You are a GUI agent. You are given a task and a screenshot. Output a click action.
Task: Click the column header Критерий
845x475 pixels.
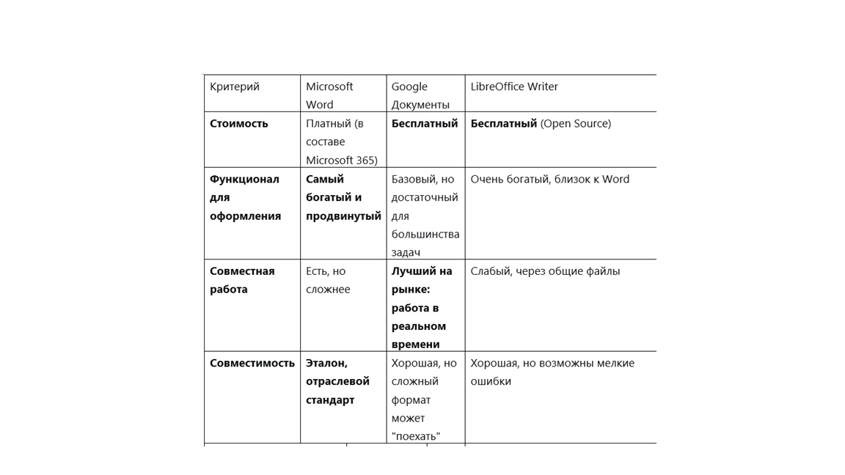click(x=235, y=86)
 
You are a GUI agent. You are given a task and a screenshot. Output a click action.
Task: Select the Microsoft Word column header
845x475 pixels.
click(x=329, y=95)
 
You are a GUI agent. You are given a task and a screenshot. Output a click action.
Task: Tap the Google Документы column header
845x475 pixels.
click(x=420, y=95)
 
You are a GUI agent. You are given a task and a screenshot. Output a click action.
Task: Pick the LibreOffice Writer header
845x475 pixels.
click(x=514, y=86)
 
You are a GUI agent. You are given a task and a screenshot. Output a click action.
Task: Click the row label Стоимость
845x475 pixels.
click(x=239, y=124)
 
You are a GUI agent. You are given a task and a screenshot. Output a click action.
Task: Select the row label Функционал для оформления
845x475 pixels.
click(x=245, y=197)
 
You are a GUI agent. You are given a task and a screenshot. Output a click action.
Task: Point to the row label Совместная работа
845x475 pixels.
click(x=242, y=280)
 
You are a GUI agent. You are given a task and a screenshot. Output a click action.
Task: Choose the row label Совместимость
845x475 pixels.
click(x=252, y=363)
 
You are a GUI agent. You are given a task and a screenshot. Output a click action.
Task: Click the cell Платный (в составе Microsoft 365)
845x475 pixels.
click(x=341, y=142)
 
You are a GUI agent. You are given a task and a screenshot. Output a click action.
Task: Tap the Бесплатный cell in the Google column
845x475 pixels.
click(x=425, y=124)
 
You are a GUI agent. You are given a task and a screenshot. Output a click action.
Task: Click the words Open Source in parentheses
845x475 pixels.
click(x=576, y=124)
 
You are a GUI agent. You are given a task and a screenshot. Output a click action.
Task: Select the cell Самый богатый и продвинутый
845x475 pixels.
click(x=343, y=197)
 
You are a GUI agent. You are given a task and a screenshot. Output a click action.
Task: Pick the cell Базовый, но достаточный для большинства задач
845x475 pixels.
click(x=425, y=216)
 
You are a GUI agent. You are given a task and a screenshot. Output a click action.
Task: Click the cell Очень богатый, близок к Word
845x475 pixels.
click(x=550, y=179)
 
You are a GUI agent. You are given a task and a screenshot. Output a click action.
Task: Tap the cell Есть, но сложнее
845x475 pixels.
click(x=328, y=280)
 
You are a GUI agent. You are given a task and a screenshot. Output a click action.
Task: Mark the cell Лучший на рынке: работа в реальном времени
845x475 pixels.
click(x=422, y=308)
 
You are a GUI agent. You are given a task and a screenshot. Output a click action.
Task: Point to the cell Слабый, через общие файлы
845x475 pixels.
click(x=545, y=271)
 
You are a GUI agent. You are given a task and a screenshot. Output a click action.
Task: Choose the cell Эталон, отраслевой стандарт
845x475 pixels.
click(x=337, y=381)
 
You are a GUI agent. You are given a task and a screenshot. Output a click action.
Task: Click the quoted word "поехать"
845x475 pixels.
click(x=416, y=437)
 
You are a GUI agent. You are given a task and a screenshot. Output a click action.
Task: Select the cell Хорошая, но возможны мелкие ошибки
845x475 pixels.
click(x=552, y=372)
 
